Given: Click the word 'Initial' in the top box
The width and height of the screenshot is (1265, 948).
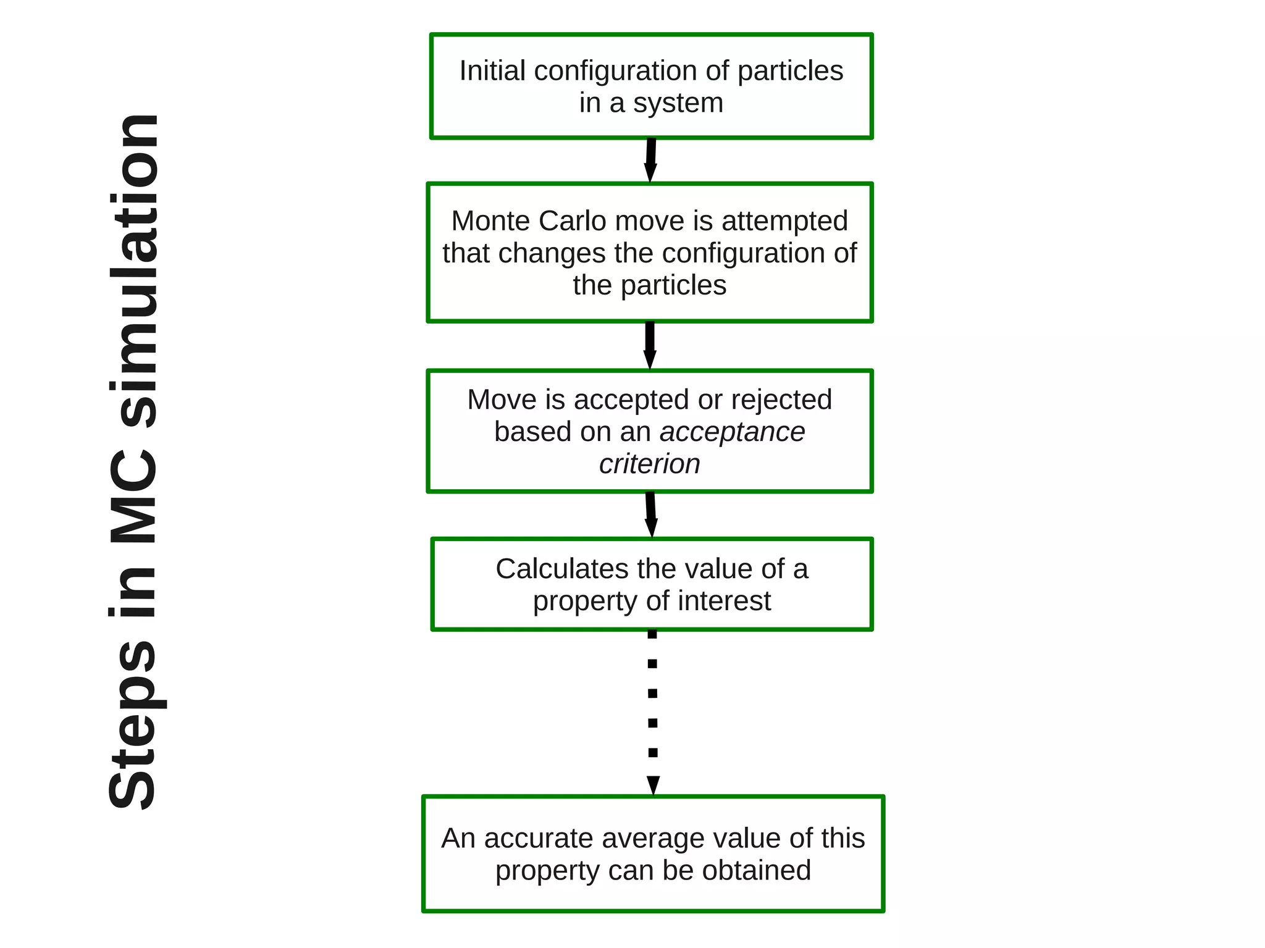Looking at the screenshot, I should (x=492, y=71).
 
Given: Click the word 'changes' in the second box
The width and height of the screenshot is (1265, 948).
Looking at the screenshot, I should (x=552, y=253).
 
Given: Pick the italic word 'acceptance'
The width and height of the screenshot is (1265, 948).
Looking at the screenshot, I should (x=733, y=432).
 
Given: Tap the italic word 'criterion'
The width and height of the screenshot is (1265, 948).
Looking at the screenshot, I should (x=649, y=464).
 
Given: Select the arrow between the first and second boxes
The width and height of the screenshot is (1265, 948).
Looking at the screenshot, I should (x=650, y=161).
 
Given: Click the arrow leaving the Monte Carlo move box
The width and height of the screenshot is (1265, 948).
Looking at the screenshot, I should (x=650, y=345).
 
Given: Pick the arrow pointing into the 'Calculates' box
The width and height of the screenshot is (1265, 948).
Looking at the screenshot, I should (x=650, y=515).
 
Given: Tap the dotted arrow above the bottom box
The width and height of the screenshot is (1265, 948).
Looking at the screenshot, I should (x=653, y=710).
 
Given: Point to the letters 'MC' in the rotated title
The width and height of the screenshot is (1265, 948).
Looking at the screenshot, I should (x=133, y=497).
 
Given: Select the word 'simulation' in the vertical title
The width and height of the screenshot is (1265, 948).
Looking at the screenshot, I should (x=133, y=272).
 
